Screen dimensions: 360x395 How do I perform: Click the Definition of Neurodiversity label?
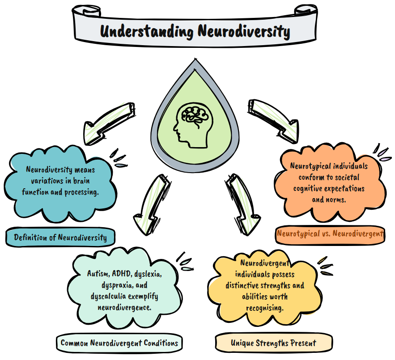pyautogui.click(x=60, y=237)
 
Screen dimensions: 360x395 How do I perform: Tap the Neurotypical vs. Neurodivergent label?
pyautogui.click(x=330, y=233)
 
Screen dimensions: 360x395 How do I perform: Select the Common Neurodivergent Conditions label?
pyautogui.click(x=119, y=343)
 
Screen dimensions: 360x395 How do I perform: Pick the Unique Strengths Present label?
pyautogui.click(x=273, y=343)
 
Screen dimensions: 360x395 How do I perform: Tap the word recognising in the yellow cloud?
pyautogui.click(x=264, y=308)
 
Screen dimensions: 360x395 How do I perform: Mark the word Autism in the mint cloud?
pyautogui.click(x=97, y=273)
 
